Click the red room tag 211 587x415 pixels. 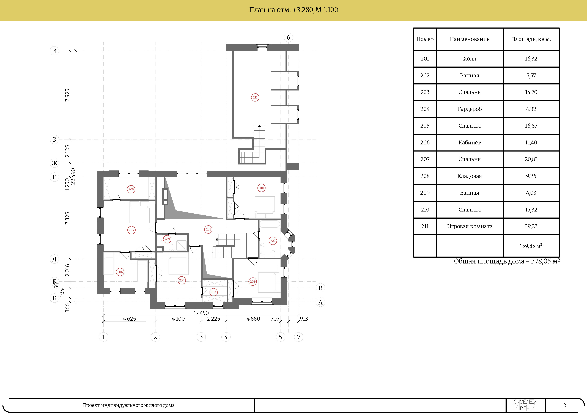click(x=255, y=97)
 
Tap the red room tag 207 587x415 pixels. click(x=131, y=230)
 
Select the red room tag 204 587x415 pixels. click(x=213, y=292)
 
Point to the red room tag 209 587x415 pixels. click(x=167, y=239)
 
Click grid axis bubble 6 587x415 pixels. click(x=288, y=37)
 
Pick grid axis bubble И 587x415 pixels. click(x=54, y=51)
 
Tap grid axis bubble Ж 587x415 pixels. click(x=54, y=163)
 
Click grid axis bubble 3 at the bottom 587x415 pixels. click(x=201, y=337)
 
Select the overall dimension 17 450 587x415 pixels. click(x=201, y=313)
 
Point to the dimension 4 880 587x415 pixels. click(x=253, y=319)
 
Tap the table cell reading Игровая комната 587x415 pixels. click(x=470, y=226)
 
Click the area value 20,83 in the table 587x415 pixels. click(x=531, y=159)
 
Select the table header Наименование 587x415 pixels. click(x=470, y=39)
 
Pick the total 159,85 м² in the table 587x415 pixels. click(x=531, y=246)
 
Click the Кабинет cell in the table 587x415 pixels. click(x=470, y=142)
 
